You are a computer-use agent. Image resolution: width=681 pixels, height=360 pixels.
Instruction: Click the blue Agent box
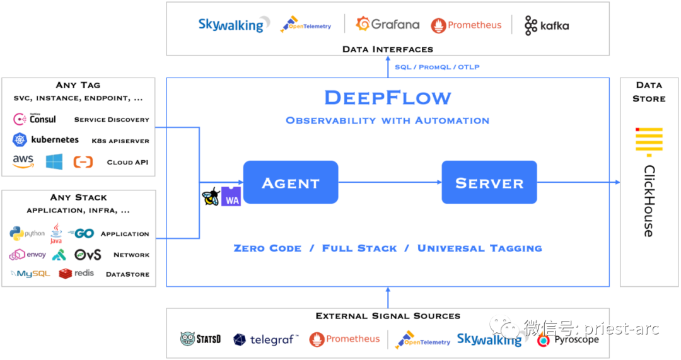(x=291, y=183)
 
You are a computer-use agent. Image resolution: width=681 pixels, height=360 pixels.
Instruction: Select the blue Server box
(x=489, y=183)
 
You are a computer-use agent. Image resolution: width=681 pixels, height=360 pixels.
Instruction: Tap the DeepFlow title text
(x=388, y=98)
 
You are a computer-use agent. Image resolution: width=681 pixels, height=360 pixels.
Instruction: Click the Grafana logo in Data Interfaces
(x=387, y=25)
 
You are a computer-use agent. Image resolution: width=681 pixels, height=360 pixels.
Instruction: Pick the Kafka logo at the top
(x=546, y=25)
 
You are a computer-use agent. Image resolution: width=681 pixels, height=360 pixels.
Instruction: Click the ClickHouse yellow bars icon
(x=648, y=141)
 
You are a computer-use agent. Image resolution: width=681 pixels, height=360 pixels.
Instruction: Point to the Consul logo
(x=35, y=119)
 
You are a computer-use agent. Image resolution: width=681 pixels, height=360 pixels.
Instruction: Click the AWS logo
(x=23, y=161)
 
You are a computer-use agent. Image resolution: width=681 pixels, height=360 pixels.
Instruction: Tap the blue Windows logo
(x=54, y=161)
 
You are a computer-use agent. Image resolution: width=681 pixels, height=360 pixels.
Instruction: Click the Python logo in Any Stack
(x=27, y=233)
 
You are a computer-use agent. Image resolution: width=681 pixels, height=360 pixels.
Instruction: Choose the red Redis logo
(x=76, y=273)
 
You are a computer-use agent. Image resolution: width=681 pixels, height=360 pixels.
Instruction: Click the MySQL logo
(x=30, y=274)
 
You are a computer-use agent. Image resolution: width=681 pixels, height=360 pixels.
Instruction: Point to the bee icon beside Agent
(x=211, y=196)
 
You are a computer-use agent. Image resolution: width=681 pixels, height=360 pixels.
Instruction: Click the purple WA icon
(x=231, y=196)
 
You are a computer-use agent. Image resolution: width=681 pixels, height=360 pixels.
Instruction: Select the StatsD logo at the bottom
(x=201, y=339)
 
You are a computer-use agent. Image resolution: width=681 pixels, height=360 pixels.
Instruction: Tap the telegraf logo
(x=265, y=340)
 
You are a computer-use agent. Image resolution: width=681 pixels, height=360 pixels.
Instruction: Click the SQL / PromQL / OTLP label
(x=437, y=67)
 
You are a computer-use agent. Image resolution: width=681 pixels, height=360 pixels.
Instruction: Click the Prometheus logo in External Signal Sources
(x=344, y=339)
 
